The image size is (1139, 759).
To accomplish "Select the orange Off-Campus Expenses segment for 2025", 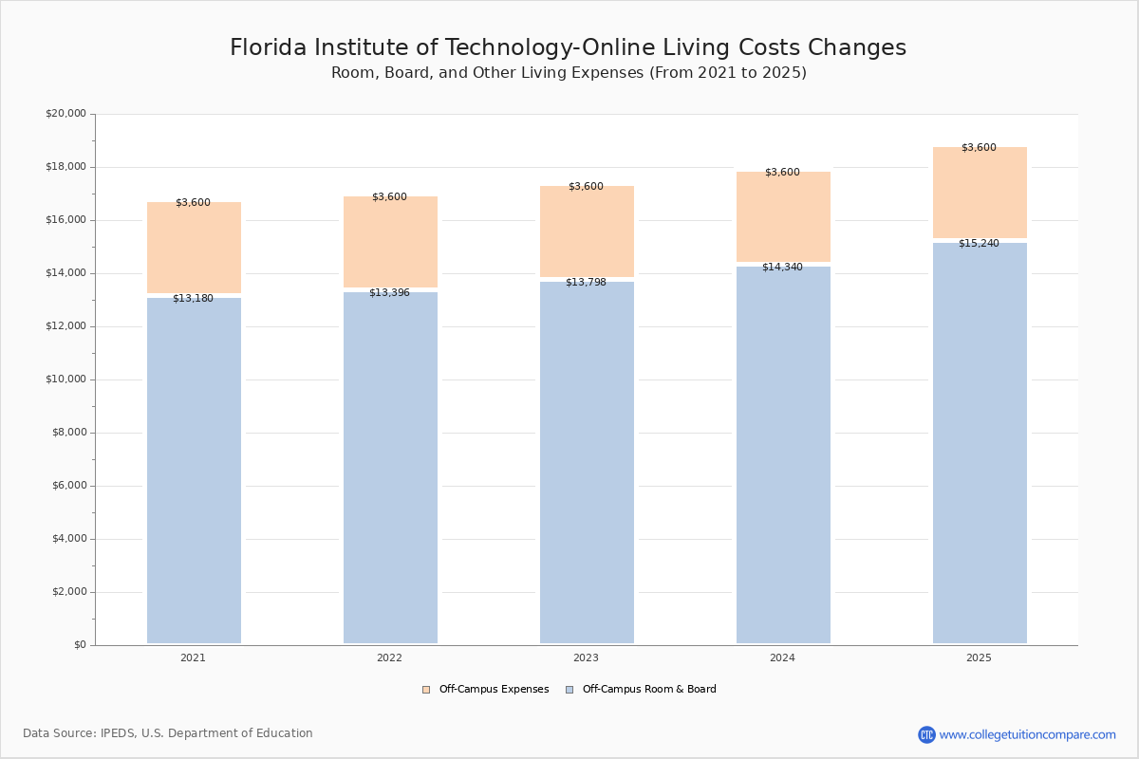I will click(x=980, y=194).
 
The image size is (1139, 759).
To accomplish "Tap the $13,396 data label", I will click(x=389, y=292).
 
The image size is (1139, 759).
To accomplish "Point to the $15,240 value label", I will click(x=979, y=244).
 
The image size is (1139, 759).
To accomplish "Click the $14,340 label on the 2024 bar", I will click(x=782, y=268).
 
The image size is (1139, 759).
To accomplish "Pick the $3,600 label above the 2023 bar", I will click(x=586, y=187).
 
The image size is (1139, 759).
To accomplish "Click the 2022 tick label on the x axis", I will click(x=389, y=657).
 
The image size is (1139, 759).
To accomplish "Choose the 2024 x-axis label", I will click(x=782, y=657).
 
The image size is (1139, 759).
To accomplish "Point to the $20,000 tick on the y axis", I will click(x=65, y=114).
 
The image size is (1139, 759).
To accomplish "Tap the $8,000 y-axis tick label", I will click(x=68, y=433).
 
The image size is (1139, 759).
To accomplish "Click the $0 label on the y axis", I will click(x=79, y=645).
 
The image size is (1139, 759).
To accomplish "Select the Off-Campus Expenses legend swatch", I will click(x=426, y=690).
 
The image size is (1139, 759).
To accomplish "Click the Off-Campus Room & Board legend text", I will click(x=649, y=690).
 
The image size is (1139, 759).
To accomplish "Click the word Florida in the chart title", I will click(x=271, y=48).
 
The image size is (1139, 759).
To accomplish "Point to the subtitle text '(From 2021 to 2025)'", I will click(x=728, y=73).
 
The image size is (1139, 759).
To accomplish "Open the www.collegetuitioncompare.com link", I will click(x=1027, y=734).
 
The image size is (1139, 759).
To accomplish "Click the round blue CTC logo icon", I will click(x=926, y=734).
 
